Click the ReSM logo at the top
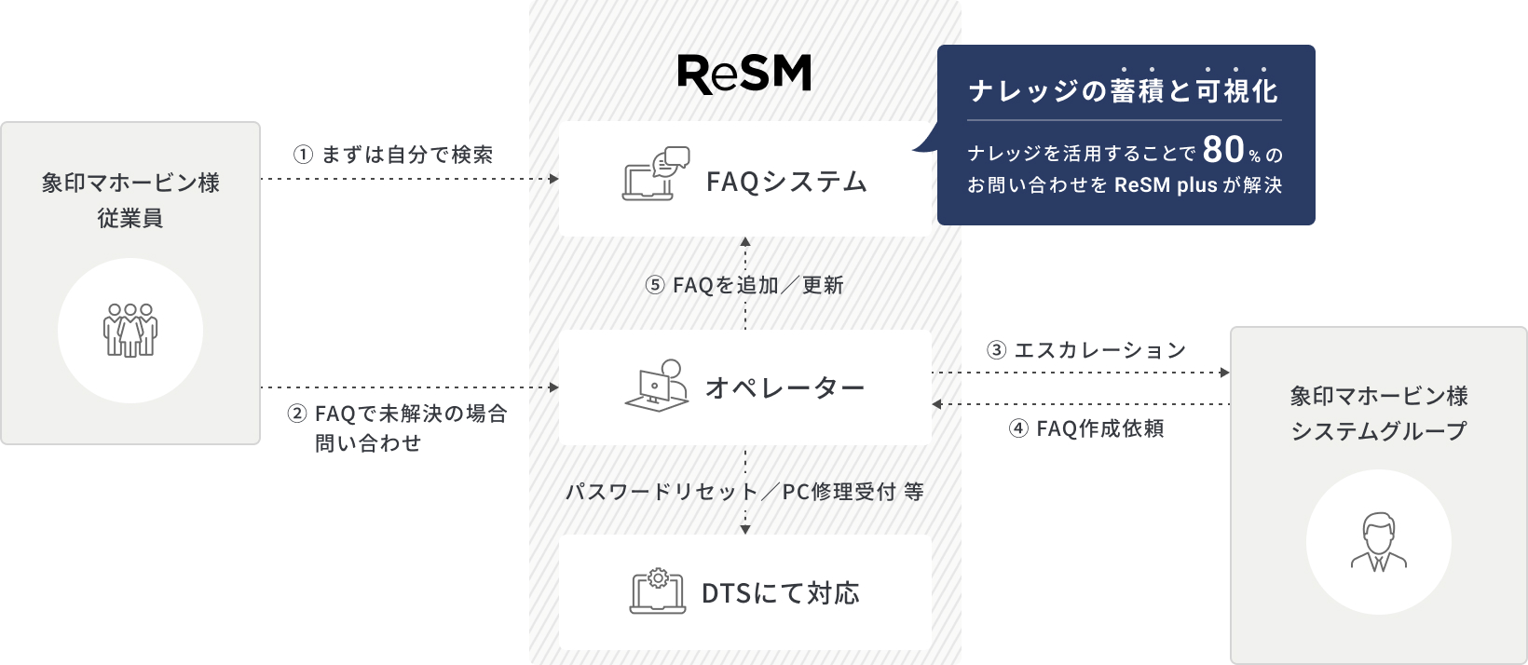point(744,74)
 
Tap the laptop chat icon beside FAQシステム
point(656,173)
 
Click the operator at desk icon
point(656,386)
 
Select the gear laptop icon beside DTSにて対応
point(657,590)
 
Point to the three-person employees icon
point(130,330)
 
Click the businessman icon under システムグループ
point(1379,542)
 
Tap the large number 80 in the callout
point(1223,149)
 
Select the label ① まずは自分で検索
point(393,155)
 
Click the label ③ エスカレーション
point(1086,350)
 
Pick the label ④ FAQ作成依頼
point(1086,428)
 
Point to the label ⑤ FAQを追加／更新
point(744,285)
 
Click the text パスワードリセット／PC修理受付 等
point(745,492)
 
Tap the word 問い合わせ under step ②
point(368,443)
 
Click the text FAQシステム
point(786,183)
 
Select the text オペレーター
point(784,388)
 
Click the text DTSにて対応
point(781,593)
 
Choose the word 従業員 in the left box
point(130,218)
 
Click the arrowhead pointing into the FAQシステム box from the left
point(553,179)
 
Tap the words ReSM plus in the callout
point(1166,184)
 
